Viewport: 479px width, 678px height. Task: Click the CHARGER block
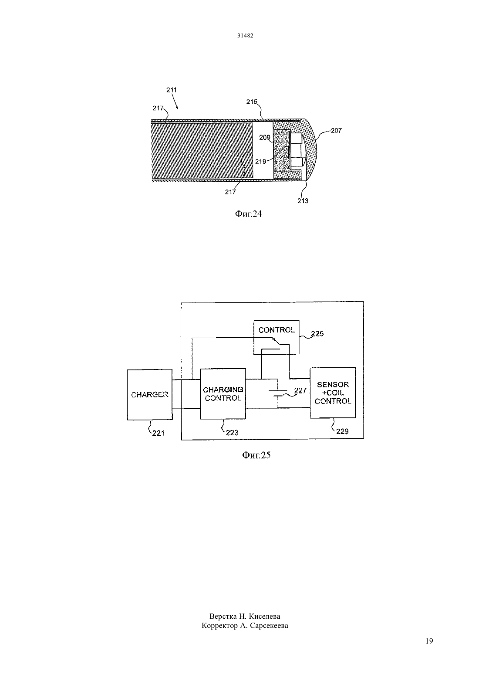(x=150, y=394)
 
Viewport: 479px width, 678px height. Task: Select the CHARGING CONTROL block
(x=223, y=393)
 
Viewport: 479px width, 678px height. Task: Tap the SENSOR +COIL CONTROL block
(x=333, y=393)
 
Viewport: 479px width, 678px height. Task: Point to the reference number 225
(x=317, y=333)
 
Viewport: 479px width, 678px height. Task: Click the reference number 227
(x=300, y=390)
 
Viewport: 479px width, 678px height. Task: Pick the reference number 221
(x=158, y=433)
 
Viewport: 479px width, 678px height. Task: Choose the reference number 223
(x=232, y=433)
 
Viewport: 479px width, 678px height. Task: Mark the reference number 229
(x=342, y=431)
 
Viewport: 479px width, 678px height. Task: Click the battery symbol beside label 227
(x=278, y=393)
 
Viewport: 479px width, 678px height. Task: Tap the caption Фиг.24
(x=248, y=214)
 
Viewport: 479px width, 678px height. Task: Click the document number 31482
(x=245, y=35)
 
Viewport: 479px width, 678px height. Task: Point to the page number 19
(x=429, y=641)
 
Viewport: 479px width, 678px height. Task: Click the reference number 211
(x=172, y=90)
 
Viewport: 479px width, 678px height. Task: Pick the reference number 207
(x=336, y=130)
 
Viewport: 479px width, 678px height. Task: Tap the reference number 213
(x=303, y=201)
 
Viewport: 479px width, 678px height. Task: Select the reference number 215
(x=252, y=102)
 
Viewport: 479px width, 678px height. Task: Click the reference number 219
(x=260, y=162)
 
